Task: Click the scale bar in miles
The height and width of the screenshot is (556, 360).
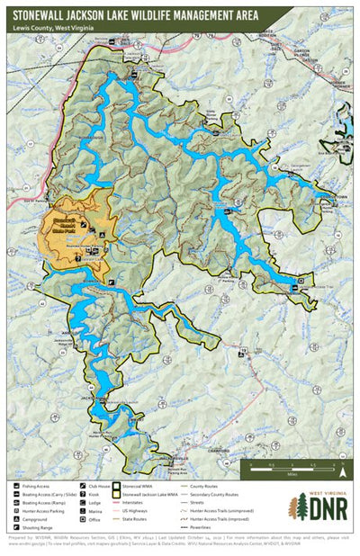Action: pos(289,466)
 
